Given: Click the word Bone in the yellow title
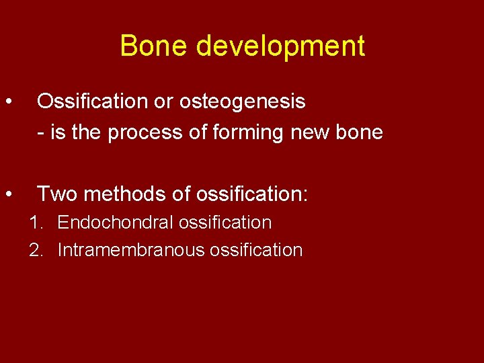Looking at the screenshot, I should coord(155,46).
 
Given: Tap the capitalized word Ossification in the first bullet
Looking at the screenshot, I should coord(85,102).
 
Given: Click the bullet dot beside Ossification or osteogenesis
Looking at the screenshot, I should coord(9,102).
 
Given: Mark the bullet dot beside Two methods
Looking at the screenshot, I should coord(9,194).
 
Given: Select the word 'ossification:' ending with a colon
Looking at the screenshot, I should coord(251,194).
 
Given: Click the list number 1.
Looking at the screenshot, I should coord(34,223).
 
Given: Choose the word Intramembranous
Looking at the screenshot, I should coord(131,250).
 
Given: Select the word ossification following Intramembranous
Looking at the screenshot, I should coord(256,250).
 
